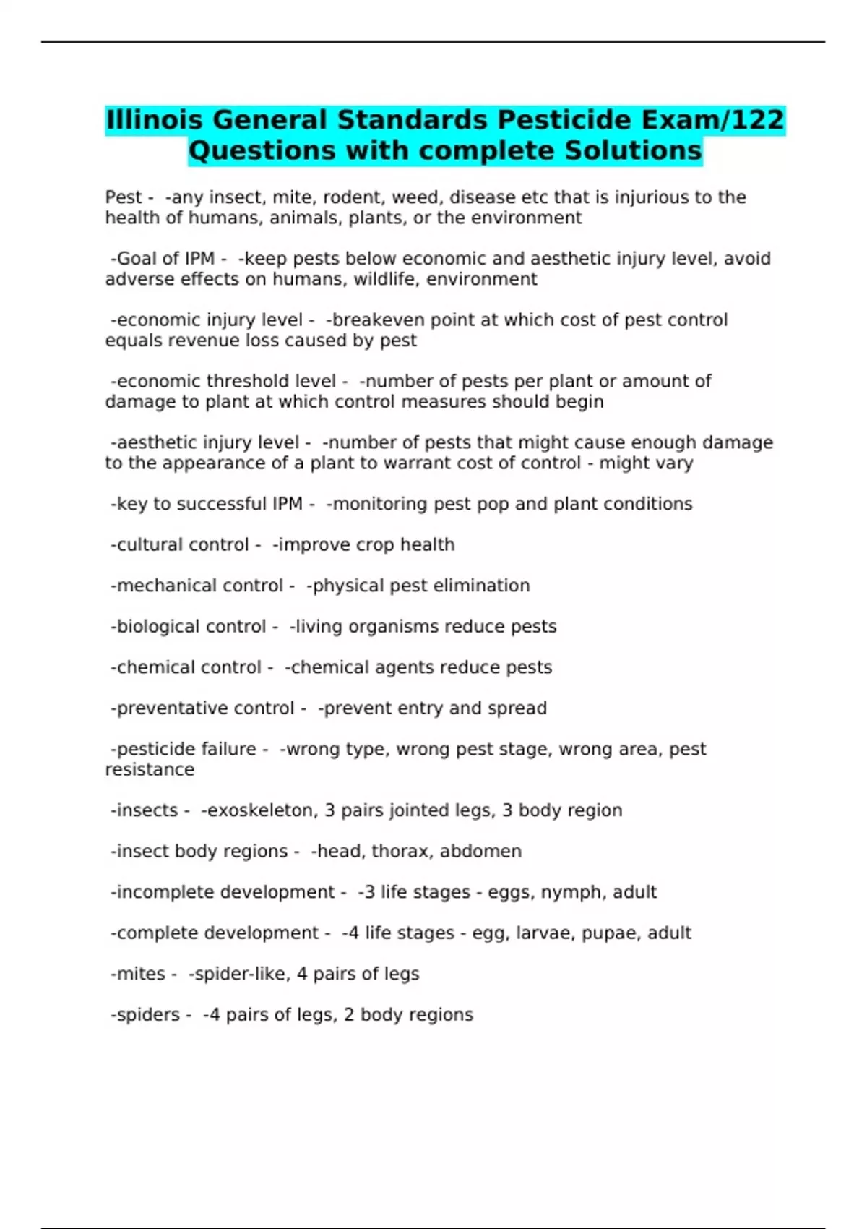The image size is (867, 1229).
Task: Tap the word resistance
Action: (150, 769)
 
